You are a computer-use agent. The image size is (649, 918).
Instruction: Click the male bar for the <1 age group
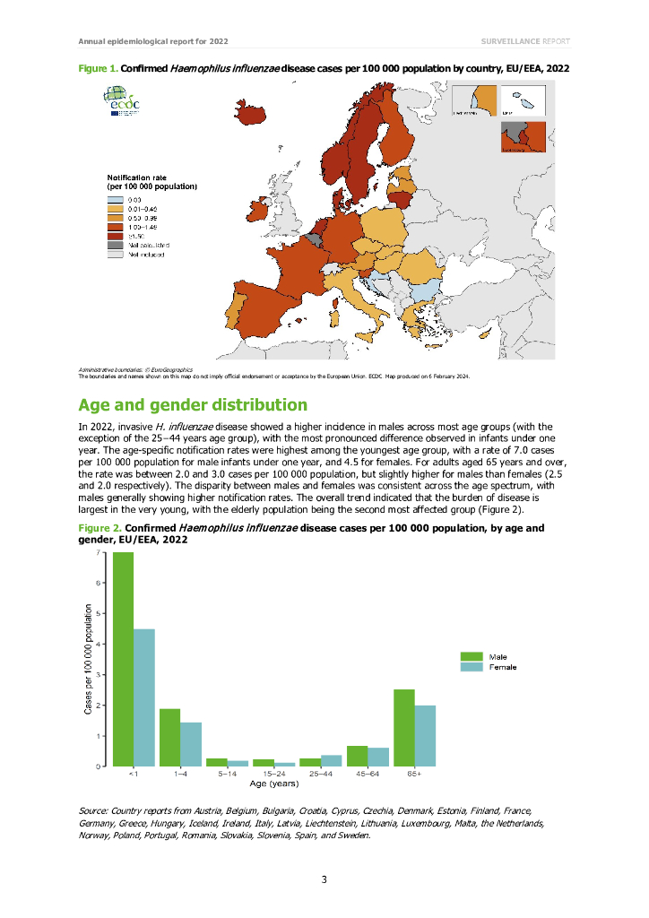pyautogui.click(x=123, y=659)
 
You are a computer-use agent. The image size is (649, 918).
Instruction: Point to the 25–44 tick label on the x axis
pyautogui.click(x=320, y=774)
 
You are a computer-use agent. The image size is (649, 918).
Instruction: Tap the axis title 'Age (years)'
pyautogui.click(x=273, y=784)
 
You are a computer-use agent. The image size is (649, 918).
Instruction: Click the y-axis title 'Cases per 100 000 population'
pyautogui.click(x=87, y=659)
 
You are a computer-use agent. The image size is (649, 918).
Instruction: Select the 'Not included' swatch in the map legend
pyautogui.click(x=115, y=255)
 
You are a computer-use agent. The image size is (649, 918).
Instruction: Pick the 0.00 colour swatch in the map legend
pyautogui.click(x=115, y=199)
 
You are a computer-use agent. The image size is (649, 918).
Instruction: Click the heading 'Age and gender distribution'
pyautogui.click(x=193, y=404)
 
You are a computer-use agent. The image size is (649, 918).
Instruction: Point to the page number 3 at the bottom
pyautogui.click(x=324, y=879)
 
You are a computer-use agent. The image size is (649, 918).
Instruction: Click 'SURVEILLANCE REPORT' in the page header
pyautogui.click(x=524, y=41)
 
